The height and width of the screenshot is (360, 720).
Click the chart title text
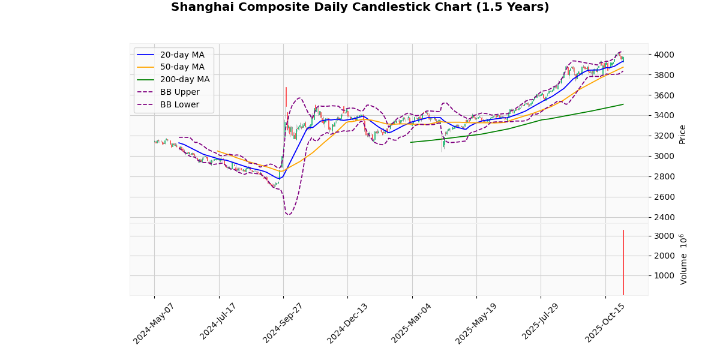(360, 7)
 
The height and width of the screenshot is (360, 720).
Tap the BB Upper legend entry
(179, 92)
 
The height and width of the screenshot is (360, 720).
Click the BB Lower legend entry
(179, 105)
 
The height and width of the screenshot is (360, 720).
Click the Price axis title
(682, 134)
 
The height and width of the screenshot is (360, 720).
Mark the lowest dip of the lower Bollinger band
(288, 215)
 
